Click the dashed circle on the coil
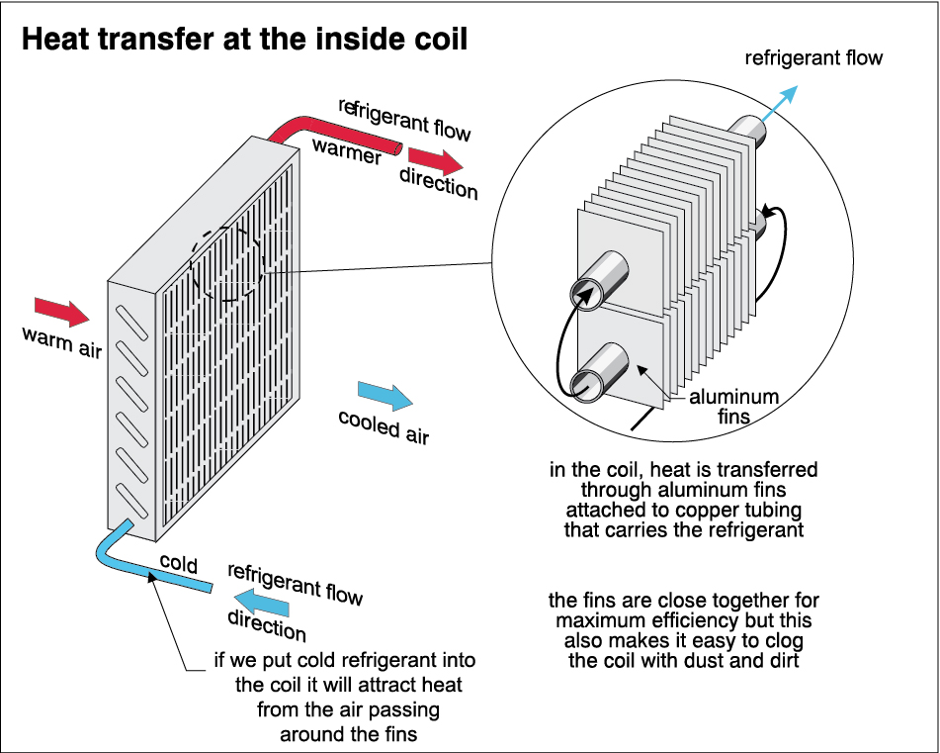tap(226, 264)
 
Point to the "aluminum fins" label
tap(733, 407)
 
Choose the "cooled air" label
tap(384, 425)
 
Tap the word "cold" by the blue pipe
tap(178, 565)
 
